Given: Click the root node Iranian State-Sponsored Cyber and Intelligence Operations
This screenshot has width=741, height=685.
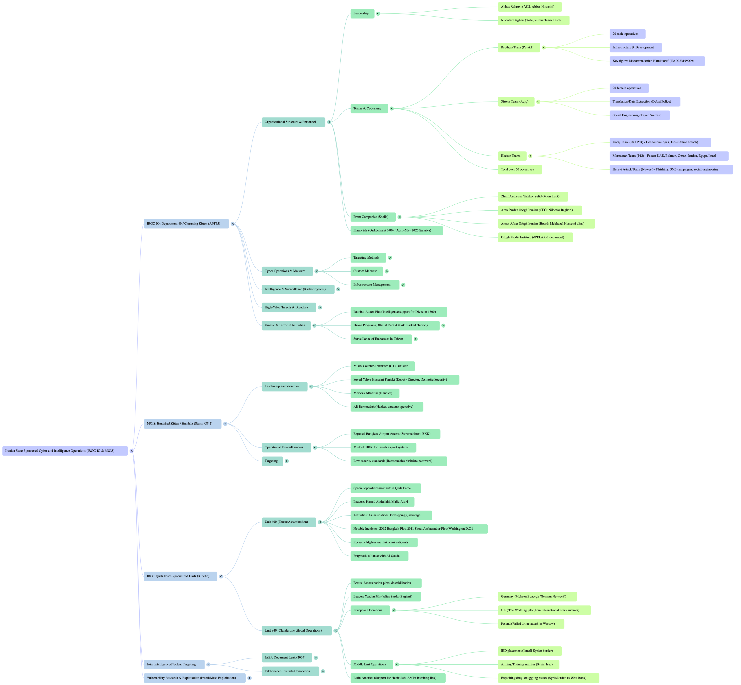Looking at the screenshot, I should coord(65,451).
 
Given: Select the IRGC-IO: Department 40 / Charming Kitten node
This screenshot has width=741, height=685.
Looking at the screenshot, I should coord(186,224).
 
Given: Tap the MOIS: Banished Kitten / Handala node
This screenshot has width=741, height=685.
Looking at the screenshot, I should coord(182,424).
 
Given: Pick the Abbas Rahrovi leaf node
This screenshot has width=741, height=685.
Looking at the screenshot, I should coord(529,7).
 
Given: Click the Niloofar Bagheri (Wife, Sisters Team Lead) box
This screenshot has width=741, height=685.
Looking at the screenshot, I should coord(533,21).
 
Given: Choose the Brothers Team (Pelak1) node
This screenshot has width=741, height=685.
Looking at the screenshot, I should coord(518,47).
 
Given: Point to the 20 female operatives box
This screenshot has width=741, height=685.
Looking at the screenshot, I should coord(629,88).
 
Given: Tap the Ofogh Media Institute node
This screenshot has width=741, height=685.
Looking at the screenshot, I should coord(535,237).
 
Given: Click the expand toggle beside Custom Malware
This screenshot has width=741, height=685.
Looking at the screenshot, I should coord(387,271).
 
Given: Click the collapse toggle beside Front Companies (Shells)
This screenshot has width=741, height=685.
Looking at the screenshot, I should coord(400,217).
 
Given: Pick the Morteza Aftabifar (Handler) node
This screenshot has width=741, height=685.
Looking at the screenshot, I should coord(374,393).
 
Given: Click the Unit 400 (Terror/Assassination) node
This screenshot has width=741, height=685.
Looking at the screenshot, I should coord(289,522).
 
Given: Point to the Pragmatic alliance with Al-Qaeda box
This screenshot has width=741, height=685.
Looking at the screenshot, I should coord(379,556).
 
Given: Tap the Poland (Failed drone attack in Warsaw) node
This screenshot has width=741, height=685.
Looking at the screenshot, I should coord(531,624).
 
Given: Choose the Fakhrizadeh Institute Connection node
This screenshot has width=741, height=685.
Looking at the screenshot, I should coord(290,671).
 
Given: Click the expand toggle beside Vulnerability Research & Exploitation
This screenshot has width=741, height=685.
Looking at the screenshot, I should coord(249,678).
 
